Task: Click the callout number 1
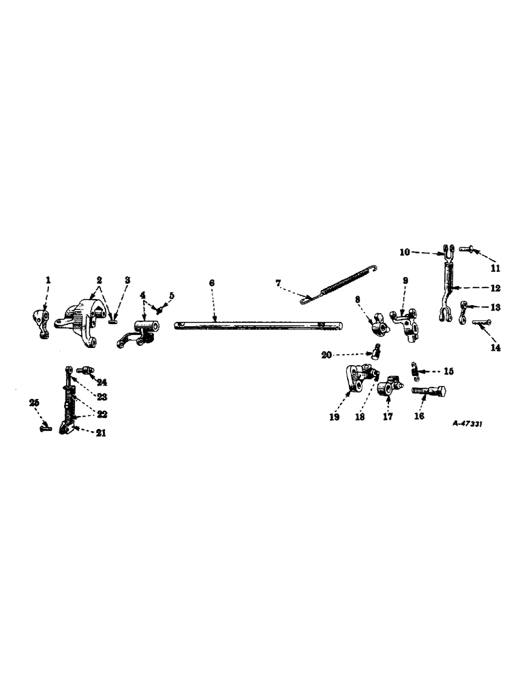click(48, 280)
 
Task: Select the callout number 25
click(35, 403)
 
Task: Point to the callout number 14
click(495, 347)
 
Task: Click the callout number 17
click(387, 417)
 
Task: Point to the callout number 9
click(405, 280)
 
